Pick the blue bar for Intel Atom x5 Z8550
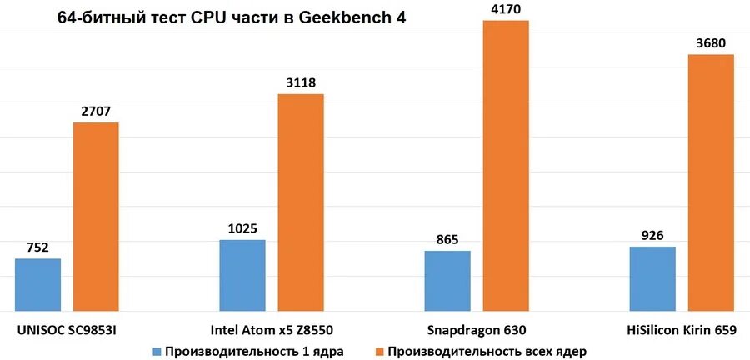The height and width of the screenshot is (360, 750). tap(242, 276)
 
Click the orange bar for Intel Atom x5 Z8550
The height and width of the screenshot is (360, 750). tap(301, 202)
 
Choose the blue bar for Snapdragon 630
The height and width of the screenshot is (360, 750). tap(447, 281)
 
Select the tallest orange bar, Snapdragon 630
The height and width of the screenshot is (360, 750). tap(506, 166)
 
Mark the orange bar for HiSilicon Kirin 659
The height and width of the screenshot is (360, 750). tap(711, 182)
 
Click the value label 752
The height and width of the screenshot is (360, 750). tap(37, 247)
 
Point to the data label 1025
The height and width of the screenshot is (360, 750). tap(242, 227)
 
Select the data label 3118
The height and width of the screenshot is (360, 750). tap(301, 82)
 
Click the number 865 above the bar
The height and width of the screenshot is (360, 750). tap(447, 239)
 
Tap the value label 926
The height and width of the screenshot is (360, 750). tap(652, 235)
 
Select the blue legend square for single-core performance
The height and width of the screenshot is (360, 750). tap(157, 351)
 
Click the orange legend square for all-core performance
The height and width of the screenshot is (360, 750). tap(380, 351)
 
